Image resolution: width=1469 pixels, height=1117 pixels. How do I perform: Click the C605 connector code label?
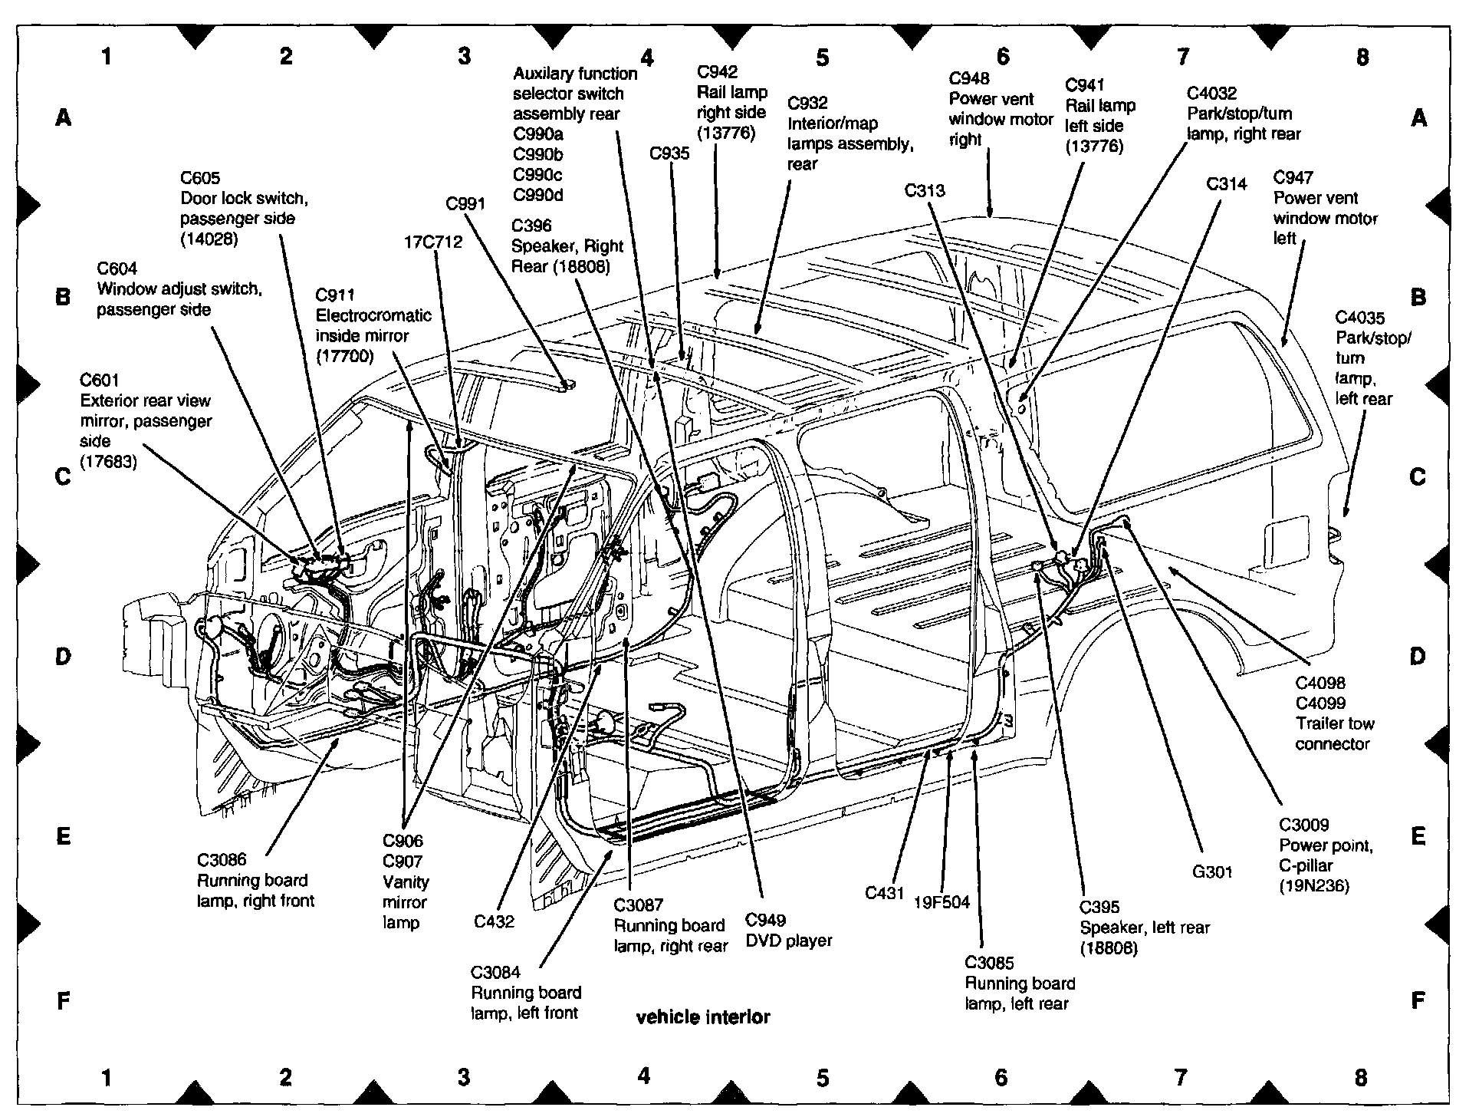point(200,178)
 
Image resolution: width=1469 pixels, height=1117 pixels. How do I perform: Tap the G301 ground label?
point(1212,872)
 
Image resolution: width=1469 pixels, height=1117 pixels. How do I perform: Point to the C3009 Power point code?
point(1303,825)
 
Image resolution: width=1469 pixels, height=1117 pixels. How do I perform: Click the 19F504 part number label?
point(942,902)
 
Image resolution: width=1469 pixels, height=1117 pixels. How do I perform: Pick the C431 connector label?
point(885,892)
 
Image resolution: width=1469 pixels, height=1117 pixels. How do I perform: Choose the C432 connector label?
point(494,921)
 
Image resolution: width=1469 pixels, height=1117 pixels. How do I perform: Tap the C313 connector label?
point(925,190)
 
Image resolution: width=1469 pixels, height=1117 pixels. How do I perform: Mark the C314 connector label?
point(1227,184)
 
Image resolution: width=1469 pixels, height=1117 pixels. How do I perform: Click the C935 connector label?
point(669,153)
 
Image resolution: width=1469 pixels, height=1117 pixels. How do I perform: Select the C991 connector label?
point(465,203)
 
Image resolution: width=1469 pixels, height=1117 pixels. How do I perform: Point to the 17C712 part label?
point(433,242)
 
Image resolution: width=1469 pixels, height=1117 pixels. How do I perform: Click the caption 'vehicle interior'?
point(703,1017)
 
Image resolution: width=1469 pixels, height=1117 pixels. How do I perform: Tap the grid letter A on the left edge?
point(64,117)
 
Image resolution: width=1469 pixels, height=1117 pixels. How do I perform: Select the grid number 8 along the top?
point(1362,57)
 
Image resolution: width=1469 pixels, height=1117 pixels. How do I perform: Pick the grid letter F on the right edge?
point(1418,1000)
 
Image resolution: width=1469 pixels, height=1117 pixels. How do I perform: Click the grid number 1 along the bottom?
point(107,1078)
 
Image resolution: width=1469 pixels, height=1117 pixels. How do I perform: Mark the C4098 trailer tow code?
point(1320,683)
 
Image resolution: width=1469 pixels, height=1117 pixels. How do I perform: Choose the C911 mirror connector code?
point(335,295)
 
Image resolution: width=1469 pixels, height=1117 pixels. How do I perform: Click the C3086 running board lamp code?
point(222,860)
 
